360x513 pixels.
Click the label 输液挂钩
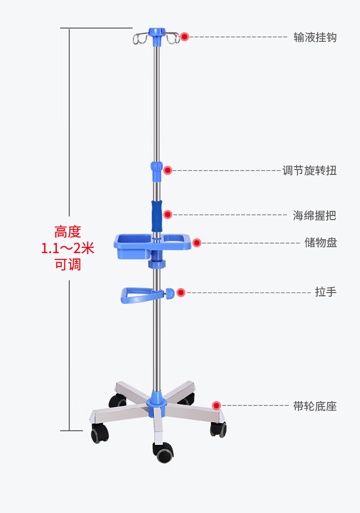[315, 37]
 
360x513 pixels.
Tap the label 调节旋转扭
[309, 171]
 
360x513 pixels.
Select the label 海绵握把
[314, 216]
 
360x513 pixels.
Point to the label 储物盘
[321, 243]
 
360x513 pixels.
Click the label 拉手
[325, 292]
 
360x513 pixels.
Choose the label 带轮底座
[315, 406]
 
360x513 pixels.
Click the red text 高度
[68, 232]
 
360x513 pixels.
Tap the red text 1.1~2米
[68, 248]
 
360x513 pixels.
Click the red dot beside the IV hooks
[185, 37]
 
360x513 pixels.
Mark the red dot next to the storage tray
[197, 243]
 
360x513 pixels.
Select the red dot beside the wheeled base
[216, 406]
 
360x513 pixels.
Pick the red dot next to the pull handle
[181, 293]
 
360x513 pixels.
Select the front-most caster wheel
[164, 452]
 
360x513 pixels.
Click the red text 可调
[68, 265]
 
